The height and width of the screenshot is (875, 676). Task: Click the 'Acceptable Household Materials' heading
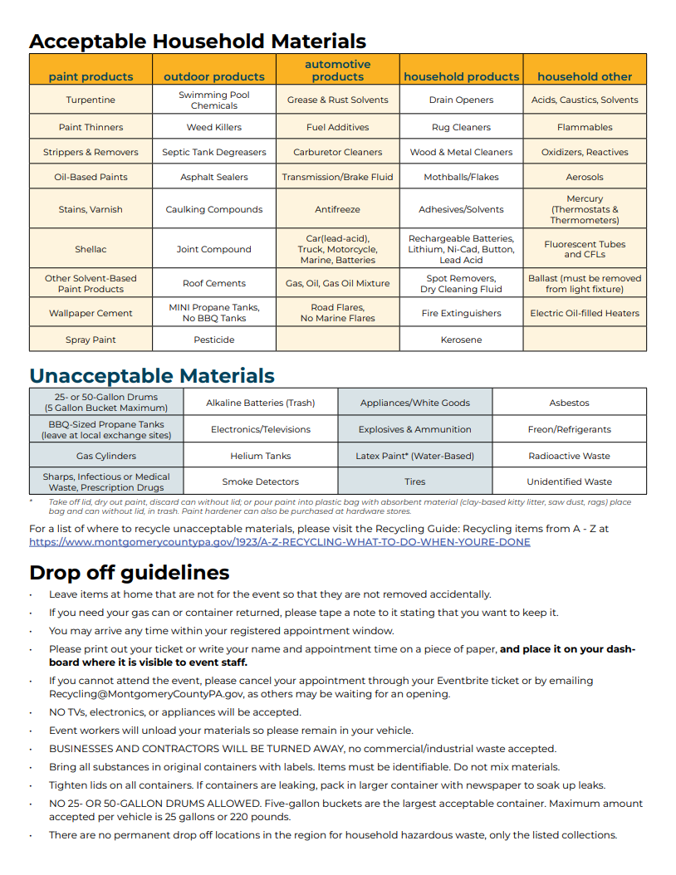[198, 42]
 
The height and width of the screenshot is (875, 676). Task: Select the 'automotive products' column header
[337, 71]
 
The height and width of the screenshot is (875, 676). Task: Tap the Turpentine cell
[91, 100]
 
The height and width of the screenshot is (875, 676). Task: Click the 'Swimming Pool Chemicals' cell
[214, 100]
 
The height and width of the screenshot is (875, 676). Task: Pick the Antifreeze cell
[337, 209]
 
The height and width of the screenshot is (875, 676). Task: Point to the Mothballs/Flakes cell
[461, 177]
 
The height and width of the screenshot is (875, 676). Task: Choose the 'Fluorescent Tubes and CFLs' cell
[585, 249]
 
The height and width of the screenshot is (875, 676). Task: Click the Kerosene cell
[461, 340]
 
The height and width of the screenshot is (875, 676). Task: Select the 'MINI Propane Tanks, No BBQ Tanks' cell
[214, 313]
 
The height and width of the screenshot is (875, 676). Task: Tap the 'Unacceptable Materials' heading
[152, 376]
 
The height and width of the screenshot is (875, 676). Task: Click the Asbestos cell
[569, 403]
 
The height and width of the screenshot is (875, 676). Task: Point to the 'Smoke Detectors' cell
[260, 481]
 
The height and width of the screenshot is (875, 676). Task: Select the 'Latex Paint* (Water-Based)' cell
[414, 456]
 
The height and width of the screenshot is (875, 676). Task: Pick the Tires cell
[414, 481]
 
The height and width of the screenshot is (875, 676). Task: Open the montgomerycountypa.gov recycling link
[279, 542]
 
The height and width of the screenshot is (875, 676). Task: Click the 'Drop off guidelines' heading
[130, 573]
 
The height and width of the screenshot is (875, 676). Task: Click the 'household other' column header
[585, 76]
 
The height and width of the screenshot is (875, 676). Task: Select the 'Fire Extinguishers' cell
[461, 313]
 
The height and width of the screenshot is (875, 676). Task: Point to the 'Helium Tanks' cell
[260, 456]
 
